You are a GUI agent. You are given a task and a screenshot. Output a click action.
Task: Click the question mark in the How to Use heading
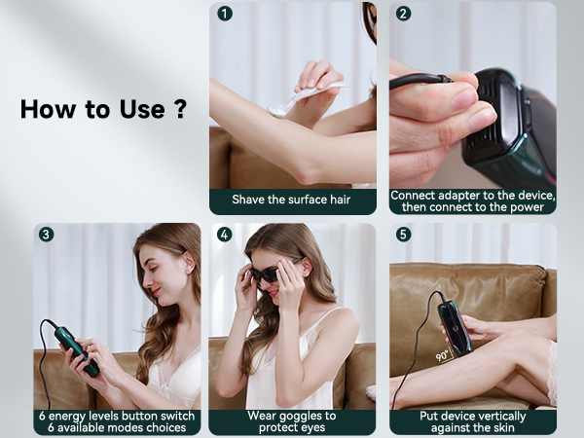coord(179,108)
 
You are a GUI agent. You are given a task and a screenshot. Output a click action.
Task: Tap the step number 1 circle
coord(226,14)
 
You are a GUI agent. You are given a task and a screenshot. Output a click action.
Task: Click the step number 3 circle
coord(47,235)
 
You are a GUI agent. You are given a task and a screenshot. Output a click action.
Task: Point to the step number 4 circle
coord(226,235)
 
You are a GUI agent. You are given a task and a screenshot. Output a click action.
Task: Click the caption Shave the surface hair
coord(292,201)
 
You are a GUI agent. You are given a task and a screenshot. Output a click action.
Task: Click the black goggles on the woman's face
coord(269,274)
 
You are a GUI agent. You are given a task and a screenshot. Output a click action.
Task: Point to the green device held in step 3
coord(77,350)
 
